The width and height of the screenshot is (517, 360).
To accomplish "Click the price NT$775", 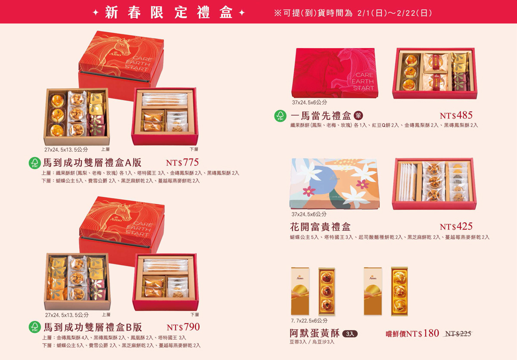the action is click(x=182, y=163).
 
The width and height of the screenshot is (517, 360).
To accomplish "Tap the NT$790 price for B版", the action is click(x=183, y=327).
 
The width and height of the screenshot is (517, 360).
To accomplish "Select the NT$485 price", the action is click(x=456, y=115).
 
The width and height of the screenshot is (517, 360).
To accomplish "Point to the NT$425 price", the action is click(x=456, y=227).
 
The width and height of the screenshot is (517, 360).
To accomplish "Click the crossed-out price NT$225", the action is click(x=458, y=334).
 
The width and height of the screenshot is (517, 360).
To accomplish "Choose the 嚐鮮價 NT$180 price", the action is click(x=412, y=333).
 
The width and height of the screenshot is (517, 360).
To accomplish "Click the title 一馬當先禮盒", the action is click(x=321, y=116).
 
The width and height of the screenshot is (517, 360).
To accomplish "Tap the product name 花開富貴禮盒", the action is click(x=321, y=227).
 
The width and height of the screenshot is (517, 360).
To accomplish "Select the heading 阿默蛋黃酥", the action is click(x=315, y=333).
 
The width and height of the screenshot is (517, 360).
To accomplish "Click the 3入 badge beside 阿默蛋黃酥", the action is click(x=350, y=334).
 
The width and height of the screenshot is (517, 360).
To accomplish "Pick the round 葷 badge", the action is click(x=358, y=115).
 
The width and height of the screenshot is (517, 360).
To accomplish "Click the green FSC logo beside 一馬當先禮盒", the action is click(x=280, y=116).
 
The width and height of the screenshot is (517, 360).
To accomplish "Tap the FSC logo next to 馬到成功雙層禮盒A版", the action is click(x=35, y=163).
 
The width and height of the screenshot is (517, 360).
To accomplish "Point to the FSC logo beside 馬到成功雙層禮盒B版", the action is click(x=35, y=327).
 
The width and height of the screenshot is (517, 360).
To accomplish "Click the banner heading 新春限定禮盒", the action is click(x=169, y=12).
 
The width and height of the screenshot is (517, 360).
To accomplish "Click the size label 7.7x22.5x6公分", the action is click(x=309, y=320).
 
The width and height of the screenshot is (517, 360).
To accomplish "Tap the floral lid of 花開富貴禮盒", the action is click(x=334, y=183).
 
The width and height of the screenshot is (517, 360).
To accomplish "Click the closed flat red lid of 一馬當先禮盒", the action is click(x=335, y=73).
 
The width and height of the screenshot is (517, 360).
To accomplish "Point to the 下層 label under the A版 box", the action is click(x=194, y=149).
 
